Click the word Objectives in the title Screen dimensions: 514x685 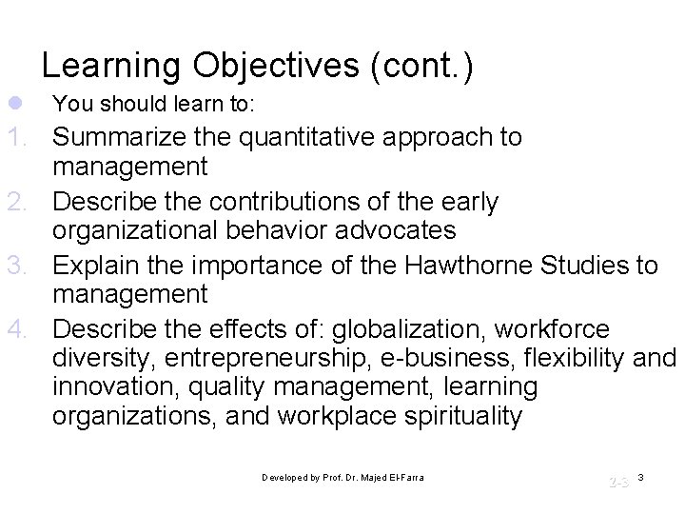tap(277, 67)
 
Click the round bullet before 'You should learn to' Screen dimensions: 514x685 tap(10, 102)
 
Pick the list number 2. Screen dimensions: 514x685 tap(22, 202)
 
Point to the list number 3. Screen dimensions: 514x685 tap(22, 265)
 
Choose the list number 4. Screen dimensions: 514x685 tap(22, 328)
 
